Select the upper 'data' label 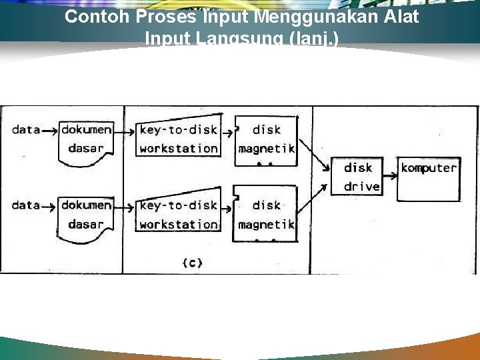(26, 130)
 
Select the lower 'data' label (26, 205)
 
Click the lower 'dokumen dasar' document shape (86, 215)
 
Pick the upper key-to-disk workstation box (178, 139)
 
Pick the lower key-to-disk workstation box (178, 215)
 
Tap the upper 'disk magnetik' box (267, 139)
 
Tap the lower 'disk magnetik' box (267, 215)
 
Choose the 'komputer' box (429, 177)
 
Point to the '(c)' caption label (192, 263)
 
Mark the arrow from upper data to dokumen (50, 131)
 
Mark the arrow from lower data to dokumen (50, 206)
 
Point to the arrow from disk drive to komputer (390, 168)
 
